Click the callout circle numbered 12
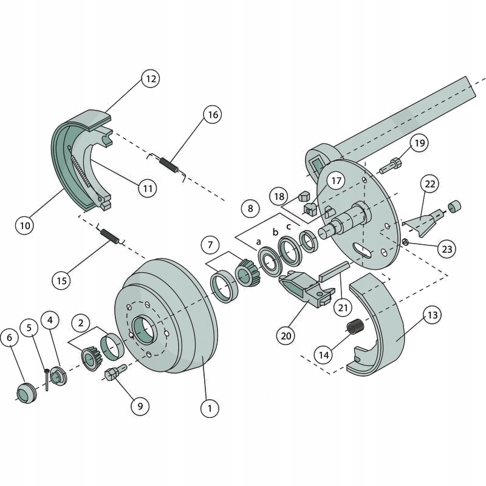coord(150,78)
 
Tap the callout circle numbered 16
coord(212,114)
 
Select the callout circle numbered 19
coord(419,143)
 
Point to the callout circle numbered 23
coord(447,249)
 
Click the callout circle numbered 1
coord(210,408)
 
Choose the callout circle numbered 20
coord(285,335)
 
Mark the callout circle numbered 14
coord(324,354)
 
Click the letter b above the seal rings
coord(275,232)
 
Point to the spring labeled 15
coord(110,234)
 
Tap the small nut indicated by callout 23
coord(405,243)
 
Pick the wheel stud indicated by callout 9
coord(114,373)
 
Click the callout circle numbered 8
coord(250,208)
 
